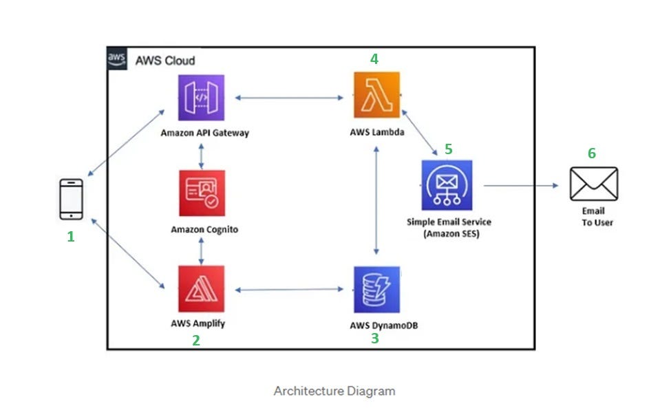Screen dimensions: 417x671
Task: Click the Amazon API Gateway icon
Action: (201, 98)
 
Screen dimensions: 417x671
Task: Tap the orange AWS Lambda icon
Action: (376, 96)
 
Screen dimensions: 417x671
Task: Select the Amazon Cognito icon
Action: (201, 193)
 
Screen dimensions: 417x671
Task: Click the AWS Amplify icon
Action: (201, 289)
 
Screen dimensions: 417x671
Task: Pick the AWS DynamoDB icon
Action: (376, 290)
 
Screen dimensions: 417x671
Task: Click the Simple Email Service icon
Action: (447, 185)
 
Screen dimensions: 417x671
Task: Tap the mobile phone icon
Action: (71, 200)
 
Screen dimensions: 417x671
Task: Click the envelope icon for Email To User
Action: (594, 184)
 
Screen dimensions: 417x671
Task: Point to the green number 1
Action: (70, 237)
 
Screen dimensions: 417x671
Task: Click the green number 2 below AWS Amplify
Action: (196, 340)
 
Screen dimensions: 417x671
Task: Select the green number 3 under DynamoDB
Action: (375, 339)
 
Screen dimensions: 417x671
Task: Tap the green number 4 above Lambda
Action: (374, 59)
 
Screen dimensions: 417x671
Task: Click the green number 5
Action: (449, 149)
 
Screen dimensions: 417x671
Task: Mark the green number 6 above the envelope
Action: (592, 153)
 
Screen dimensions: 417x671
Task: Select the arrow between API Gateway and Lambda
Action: (289, 98)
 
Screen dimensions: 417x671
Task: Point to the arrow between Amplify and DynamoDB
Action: (289, 290)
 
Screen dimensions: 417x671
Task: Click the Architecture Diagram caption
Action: (334, 392)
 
